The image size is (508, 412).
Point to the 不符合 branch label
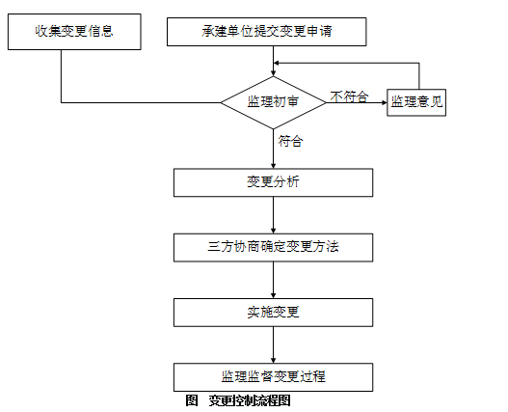(349, 96)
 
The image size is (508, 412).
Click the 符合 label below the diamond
(290, 141)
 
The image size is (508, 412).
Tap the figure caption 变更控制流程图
(250, 400)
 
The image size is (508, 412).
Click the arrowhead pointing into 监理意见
(385, 102)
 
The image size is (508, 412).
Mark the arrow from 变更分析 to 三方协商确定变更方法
(273, 215)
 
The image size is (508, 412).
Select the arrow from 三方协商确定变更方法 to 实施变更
(273, 280)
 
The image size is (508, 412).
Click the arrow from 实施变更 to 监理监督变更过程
(273, 344)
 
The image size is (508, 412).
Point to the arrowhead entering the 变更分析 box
(273, 166)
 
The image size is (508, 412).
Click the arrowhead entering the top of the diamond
(273, 73)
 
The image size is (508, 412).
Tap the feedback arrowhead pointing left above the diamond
(277, 63)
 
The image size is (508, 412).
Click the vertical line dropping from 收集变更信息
(62, 76)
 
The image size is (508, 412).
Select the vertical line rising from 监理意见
(419, 76)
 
